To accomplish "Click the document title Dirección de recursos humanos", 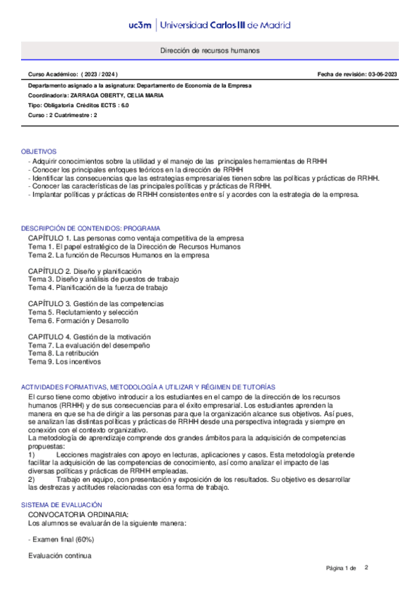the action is [x=210, y=51].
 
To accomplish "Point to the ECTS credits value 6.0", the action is [x=124, y=105].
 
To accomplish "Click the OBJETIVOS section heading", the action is [x=39, y=151].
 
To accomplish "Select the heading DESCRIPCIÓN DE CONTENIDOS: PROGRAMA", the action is [x=90, y=228].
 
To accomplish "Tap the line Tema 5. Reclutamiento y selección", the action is [x=78, y=312].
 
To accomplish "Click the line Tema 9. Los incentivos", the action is [x=65, y=362].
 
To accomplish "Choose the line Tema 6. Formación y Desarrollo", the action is [x=79, y=321].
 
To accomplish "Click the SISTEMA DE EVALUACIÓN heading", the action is [x=61, y=504].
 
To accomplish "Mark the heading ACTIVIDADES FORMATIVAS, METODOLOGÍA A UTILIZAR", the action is [x=147, y=387].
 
